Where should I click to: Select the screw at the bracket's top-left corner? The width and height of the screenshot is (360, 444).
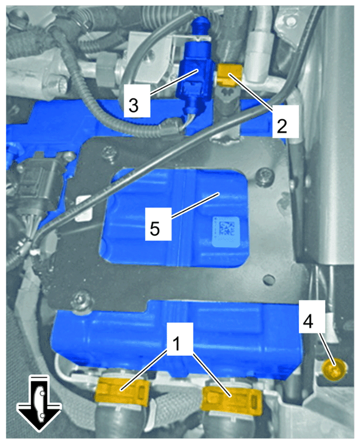point(109,154)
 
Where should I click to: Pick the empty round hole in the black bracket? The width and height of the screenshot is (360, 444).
point(267,279)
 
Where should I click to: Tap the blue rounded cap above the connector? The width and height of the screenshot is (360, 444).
point(201,24)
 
